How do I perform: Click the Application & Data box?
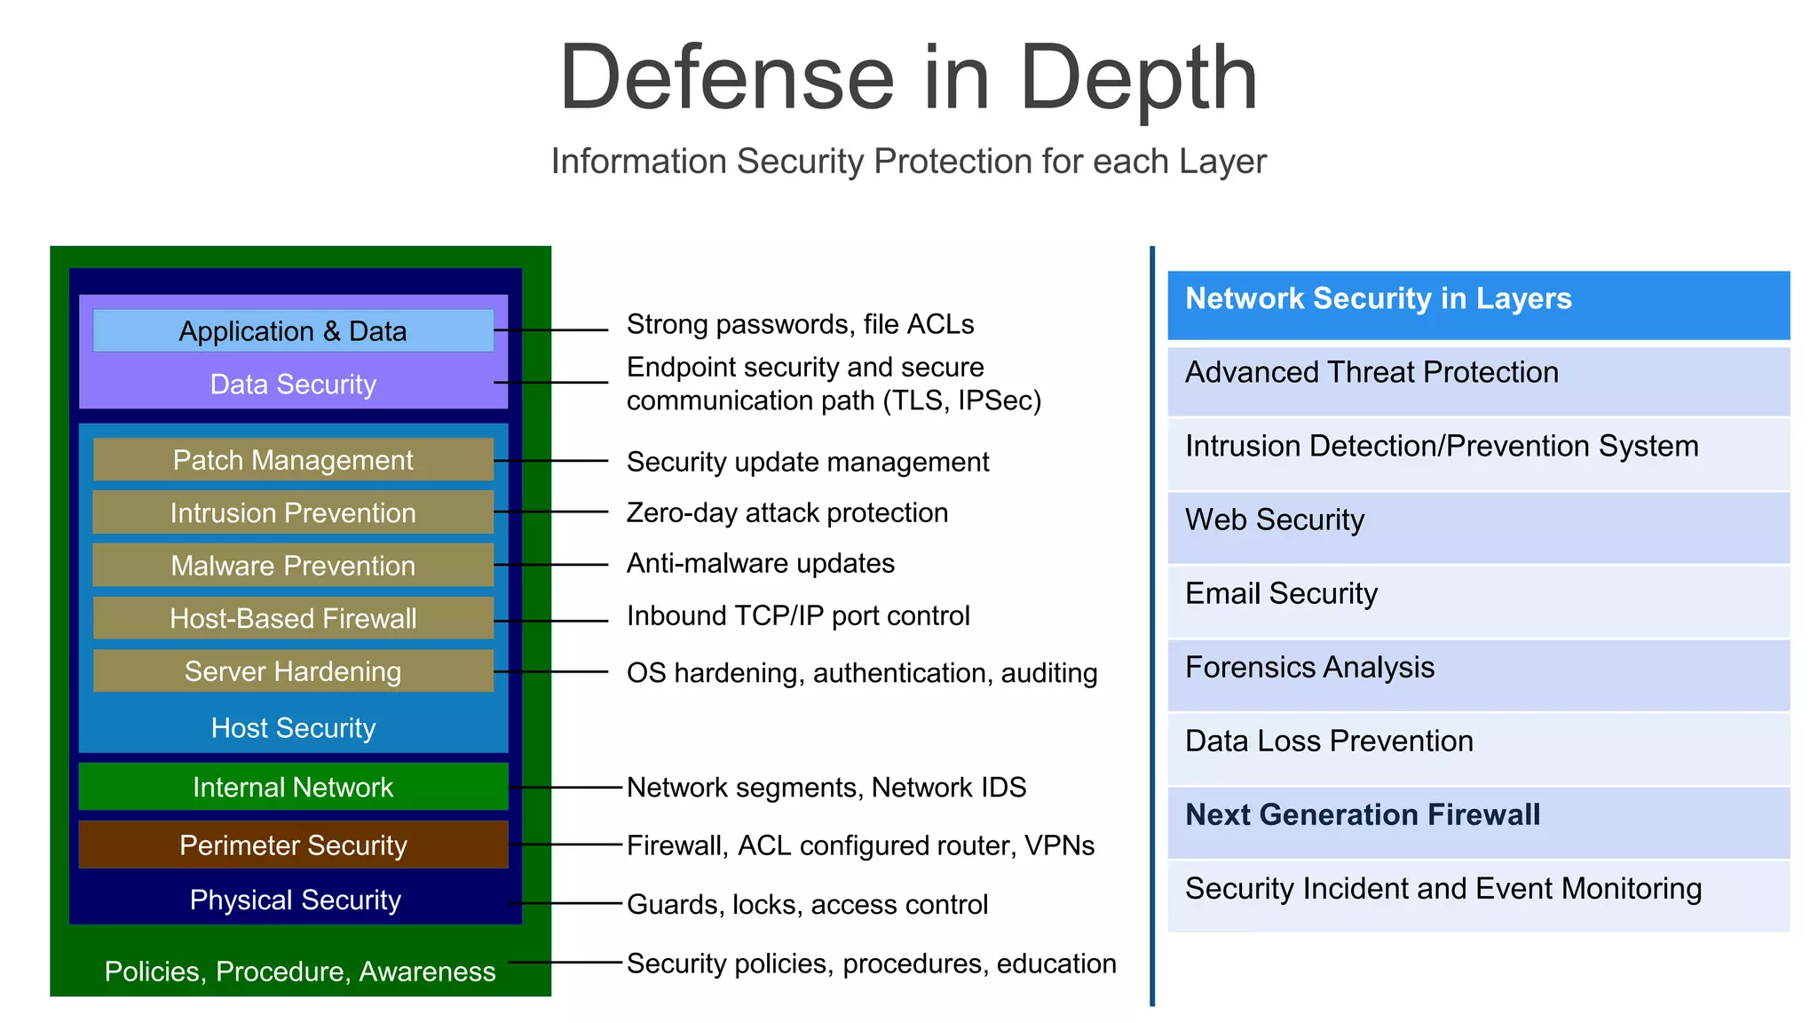pyautogui.click(x=293, y=330)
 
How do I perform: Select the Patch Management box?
pyautogui.click(x=293, y=459)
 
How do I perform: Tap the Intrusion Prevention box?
pyautogui.click(x=293, y=512)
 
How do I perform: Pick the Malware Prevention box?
pyautogui.click(x=293, y=565)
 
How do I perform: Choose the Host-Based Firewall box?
pyautogui.click(x=293, y=618)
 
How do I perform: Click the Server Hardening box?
pyautogui.click(x=293, y=670)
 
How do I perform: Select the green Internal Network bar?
pyautogui.click(x=293, y=787)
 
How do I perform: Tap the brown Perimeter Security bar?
pyautogui.click(x=293, y=845)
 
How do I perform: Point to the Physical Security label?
pyautogui.click(x=295, y=900)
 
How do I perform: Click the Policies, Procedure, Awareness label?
pyautogui.click(x=300, y=971)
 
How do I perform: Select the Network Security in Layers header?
pyautogui.click(x=1478, y=305)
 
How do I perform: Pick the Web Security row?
pyautogui.click(x=1478, y=527)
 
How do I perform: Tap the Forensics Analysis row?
pyautogui.click(x=1478, y=674)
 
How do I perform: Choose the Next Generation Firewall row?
pyautogui.click(x=1478, y=821)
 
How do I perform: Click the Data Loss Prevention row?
pyautogui.click(x=1478, y=748)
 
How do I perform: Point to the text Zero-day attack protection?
pyautogui.click(x=786, y=512)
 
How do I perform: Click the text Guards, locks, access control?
pyautogui.click(x=806, y=904)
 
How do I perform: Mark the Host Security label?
pyautogui.click(x=293, y=728)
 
